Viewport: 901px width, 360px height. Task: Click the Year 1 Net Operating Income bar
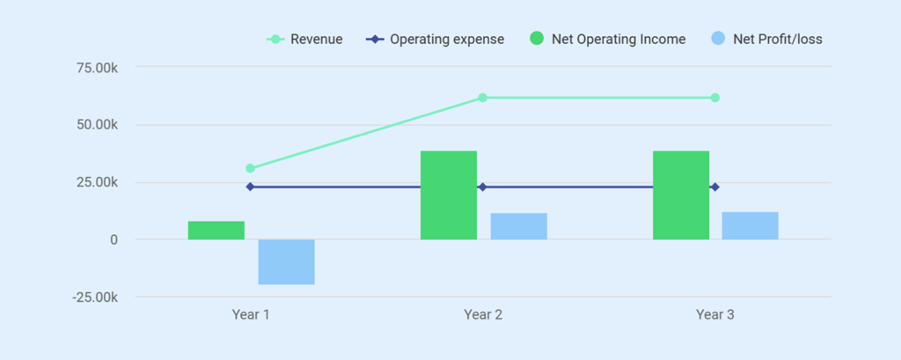[216, 230]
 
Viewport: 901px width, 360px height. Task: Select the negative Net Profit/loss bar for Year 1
[286, 261]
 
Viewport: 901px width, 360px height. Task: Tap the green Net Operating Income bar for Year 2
[448, 195]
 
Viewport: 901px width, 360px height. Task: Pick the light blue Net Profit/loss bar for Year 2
[518, 226]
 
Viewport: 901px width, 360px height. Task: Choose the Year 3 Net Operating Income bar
[680, 195]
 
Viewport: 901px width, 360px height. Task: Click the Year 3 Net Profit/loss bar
[750, 225]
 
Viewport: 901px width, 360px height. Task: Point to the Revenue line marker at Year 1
[250, 168]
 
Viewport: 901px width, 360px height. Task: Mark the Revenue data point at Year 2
[482, 98]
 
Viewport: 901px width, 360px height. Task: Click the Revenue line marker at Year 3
[714, 98]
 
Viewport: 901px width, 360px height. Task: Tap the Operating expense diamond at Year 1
[250, 187]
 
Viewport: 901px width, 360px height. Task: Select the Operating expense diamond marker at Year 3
[714, 187]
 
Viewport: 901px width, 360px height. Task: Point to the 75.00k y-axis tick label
[98, 68]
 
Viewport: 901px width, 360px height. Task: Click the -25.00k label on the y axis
[96, 298]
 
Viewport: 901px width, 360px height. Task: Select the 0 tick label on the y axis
[114, 239]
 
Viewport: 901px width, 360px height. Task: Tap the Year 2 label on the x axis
[482, 314]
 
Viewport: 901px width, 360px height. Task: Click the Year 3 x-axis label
[714, 314]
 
